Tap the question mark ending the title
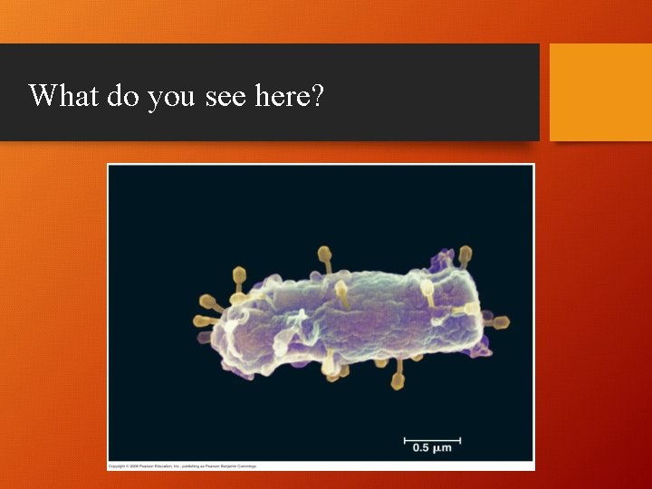point(317,94)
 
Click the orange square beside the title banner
point(600,92)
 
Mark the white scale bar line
point(432,440)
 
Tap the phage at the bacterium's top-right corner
point(465,254)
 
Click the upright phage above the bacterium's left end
point(240,274)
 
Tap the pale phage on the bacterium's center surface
point(342,292)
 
